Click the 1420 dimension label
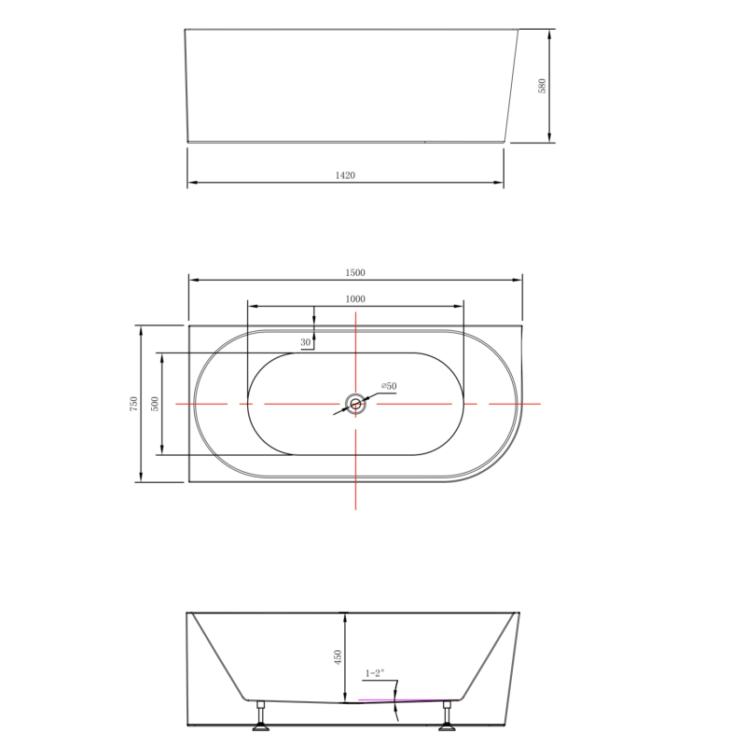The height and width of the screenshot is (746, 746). pos(346,174)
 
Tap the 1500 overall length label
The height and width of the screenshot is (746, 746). pos(354,272)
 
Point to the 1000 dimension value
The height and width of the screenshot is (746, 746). pos(354,298)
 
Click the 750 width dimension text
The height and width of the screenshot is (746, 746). pos(134,404)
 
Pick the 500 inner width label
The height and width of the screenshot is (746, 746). pos(156,404)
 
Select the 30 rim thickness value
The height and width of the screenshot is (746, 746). pos(305,342)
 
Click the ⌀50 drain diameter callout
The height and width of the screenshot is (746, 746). pos(388,385)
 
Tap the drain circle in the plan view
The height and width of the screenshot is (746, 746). pos(355,404)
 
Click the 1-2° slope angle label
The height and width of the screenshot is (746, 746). pos(375,672)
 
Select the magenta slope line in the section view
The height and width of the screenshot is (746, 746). pos(401,698)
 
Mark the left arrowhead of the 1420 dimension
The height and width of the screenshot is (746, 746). pos(191,182)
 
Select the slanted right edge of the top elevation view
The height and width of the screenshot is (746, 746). pos(512,86)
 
